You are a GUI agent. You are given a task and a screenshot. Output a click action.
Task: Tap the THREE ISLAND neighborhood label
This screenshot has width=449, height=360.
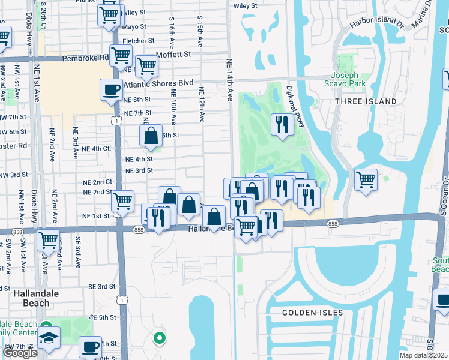pos(369,101)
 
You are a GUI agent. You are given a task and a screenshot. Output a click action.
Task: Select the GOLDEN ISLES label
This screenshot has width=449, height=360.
pos(313,313)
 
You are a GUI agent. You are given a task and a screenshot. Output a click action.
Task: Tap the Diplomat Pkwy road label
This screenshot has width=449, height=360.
pos(295,97)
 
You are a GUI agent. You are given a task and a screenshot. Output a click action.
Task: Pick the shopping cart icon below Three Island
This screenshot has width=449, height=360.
pos(366,179)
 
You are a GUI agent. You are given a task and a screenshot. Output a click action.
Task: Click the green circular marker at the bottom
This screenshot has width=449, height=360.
pos(159,338)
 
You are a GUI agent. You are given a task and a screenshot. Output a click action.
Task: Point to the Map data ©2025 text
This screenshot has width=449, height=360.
pos(424,355)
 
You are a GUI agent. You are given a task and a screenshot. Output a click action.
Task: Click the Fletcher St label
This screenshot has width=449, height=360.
pos(139,41)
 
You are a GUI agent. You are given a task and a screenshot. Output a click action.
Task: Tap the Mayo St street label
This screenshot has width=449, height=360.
pos(134,27)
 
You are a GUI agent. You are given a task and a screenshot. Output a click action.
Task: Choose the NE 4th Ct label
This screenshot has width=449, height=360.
pos(96,148)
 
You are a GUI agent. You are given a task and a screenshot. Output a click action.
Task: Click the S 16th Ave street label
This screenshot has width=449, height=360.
pos(172,32)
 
